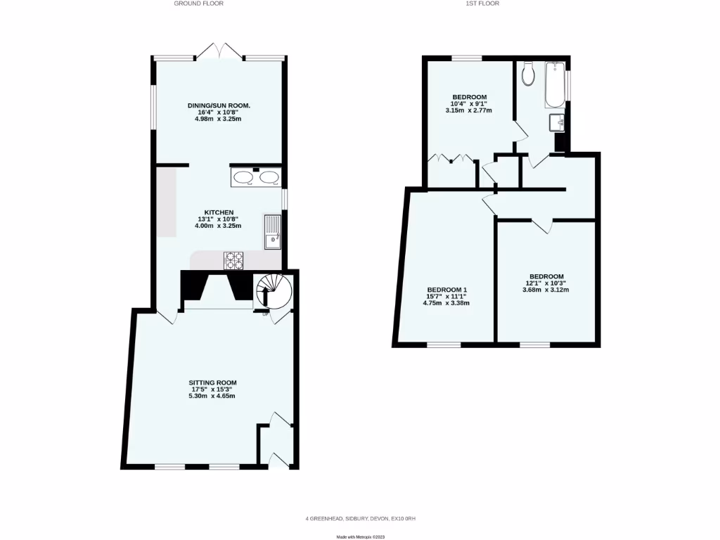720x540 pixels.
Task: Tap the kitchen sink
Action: [273, 232]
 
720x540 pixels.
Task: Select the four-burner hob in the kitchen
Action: [233, 261]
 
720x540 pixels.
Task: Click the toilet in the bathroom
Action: [529, 75]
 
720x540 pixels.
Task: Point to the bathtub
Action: [555, 84]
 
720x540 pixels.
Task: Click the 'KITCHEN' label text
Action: [219, 212]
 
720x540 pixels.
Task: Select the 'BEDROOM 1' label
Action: [447, 290]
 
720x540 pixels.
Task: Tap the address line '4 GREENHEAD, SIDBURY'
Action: [360, 519]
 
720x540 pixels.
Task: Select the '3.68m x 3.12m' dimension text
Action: [546, 290]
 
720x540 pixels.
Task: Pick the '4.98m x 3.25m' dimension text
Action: [218, 119]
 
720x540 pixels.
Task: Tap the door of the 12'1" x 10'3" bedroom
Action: [542, 225]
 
